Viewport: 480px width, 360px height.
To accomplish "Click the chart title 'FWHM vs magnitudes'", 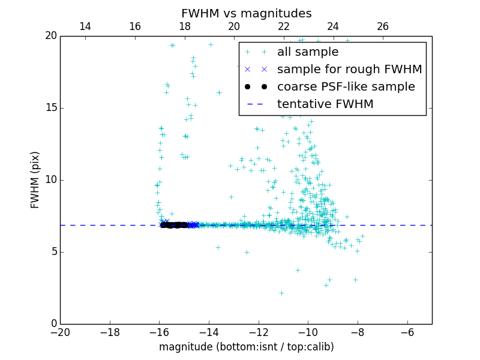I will click(246, 13).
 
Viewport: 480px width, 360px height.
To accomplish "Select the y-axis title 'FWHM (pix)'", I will click(35, 180).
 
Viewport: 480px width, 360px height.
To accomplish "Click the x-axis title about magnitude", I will click(246, 347).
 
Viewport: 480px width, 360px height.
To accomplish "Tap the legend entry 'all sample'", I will click(308, 52).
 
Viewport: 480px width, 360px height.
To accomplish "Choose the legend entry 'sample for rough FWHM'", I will click(349, 70).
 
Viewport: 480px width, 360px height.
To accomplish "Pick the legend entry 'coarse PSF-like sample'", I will click(346, 87).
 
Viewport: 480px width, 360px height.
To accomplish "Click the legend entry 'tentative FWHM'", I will click(325, 104).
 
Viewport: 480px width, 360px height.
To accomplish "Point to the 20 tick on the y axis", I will click(49, 36).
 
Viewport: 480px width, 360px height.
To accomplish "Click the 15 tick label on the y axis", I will click(49, 108).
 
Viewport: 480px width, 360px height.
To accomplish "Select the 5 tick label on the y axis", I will click(52, 252).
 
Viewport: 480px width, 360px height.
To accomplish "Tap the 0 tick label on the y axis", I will click(52, 324).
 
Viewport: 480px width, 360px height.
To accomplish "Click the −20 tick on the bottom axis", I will click(60, 332).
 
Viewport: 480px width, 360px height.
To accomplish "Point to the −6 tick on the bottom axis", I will click(407, 332).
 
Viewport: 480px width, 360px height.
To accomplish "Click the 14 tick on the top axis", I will click(85, 27).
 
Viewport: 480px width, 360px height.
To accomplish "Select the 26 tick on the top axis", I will click(383, 27).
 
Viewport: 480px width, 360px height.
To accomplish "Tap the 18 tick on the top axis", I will click(184, 27).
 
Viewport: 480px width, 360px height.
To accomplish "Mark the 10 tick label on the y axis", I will click(49, 180).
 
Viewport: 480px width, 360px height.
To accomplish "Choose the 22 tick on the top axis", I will click(284, 27).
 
